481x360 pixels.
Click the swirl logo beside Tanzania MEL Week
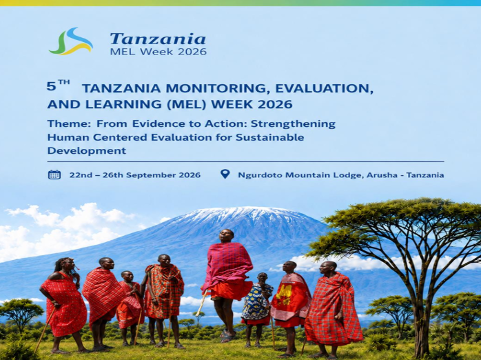point(70,41)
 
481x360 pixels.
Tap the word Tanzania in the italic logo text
point(158,39)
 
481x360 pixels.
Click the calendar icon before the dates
point(54,174)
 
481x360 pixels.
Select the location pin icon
point(225,174)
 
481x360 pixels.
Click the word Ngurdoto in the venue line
point(260,175)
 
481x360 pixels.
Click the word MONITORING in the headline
point(217,88)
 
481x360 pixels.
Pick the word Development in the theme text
point(87,151)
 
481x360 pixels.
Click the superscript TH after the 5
point(64,82)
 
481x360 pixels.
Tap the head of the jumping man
point(227,235)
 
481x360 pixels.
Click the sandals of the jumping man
point(227,337)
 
